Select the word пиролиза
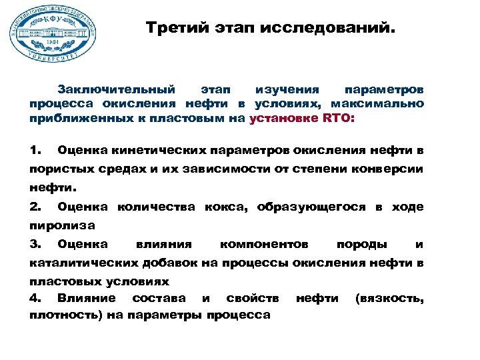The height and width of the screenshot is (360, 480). (61, 226)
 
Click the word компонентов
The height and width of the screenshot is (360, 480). (263, 245)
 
